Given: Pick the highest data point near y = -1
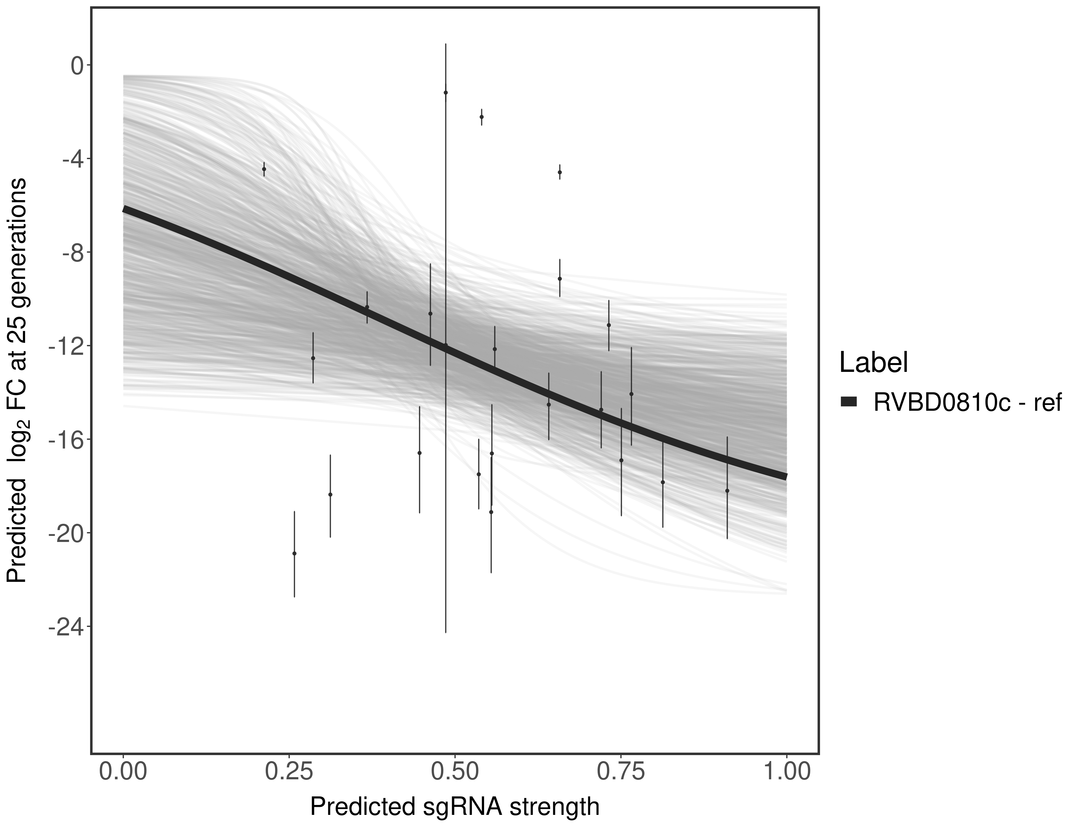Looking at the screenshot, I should tap(445, 93).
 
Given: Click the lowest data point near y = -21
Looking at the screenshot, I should tap(294, 553).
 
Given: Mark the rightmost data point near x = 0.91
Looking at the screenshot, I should tap(727, 491).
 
